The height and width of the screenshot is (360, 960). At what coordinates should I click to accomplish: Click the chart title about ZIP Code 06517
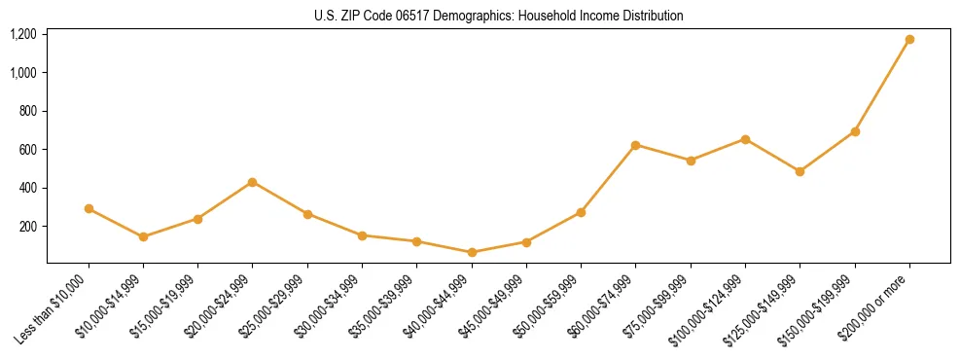coord(499,16)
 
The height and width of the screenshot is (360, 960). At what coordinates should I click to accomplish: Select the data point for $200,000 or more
coord(909,40)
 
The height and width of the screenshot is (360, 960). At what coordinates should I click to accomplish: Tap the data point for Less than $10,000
coord(89,208)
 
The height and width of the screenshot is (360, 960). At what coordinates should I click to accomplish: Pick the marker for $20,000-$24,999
coord(253,182)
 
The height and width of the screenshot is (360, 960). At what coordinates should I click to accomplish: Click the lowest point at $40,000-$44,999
coord(472,252)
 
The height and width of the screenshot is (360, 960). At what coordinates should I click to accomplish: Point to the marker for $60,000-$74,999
coord(635,145)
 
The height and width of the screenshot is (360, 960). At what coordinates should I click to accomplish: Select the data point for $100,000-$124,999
coord(745,139)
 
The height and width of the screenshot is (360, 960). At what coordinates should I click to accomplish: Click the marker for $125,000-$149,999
coord(800,171)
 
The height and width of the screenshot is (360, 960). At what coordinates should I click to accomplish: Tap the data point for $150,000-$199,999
coord(855,131)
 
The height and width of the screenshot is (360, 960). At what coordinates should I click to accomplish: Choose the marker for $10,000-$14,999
coord(143,236)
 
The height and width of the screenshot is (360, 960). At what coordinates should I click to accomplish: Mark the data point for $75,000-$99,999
coord(691,161)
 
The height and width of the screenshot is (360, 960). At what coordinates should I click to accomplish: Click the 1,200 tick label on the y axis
coord(22,34)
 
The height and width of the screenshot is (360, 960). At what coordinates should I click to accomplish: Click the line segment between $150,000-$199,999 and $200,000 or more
coord(882,86)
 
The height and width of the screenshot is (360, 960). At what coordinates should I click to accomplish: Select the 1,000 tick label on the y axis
coord(22,73)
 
